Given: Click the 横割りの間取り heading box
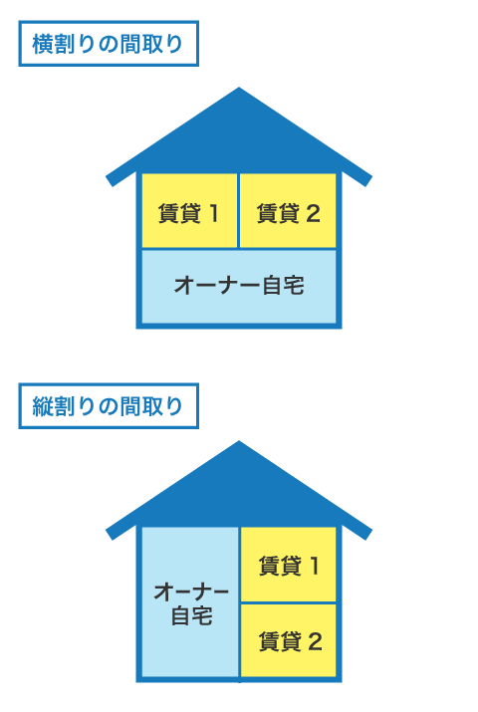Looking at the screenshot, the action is click(109, 44).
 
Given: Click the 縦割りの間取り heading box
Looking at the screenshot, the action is click(109, 406).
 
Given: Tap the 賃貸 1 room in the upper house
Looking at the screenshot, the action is click(189, 211).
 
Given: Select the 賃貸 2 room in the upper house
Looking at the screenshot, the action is click(288, 211).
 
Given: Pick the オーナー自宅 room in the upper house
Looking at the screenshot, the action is click(239, 287).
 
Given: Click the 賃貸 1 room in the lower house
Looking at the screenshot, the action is click(288, 565).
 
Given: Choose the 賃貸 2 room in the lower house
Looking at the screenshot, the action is click(288, 640).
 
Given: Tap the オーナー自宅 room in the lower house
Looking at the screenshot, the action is click(190, 602).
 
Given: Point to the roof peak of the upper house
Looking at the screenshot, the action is click(239, 88).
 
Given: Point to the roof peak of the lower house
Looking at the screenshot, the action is click(239, 441).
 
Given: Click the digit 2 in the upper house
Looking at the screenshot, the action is click(313, 213).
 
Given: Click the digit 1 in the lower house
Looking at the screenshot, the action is click(314, 567).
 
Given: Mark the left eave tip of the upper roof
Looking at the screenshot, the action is click(109, 181).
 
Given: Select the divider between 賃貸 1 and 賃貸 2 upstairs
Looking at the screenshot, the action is click(238, 211).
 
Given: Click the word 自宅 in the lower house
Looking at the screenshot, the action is click(191, 615).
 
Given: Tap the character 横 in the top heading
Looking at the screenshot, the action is click(42, 44).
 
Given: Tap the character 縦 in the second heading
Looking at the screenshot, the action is click(42, 406).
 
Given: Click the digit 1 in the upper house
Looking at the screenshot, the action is click(213, 213).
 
